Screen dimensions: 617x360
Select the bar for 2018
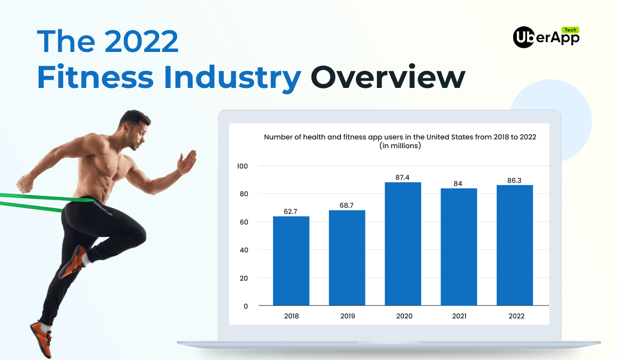pos(291,261)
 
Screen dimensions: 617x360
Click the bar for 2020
pos(403,244)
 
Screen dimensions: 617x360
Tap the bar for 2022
pos(515,245)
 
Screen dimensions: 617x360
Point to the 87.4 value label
pos(403,177)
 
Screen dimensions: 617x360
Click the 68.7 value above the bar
pos(346,205)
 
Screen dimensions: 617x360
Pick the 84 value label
pos(458,184)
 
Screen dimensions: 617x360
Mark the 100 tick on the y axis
pos(242,166)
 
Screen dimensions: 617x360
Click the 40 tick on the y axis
pos(244,250)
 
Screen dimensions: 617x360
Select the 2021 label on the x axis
pos(459,316)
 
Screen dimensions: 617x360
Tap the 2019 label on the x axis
pos(348,316)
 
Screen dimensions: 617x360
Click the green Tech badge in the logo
pos(570,30)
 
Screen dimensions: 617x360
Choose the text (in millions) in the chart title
pos(400,146)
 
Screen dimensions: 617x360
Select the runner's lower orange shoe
pos(41,339)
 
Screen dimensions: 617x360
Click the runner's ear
pos(126,128)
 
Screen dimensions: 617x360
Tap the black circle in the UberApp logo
pos(524,37)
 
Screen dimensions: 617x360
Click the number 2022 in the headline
pos(141,41)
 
